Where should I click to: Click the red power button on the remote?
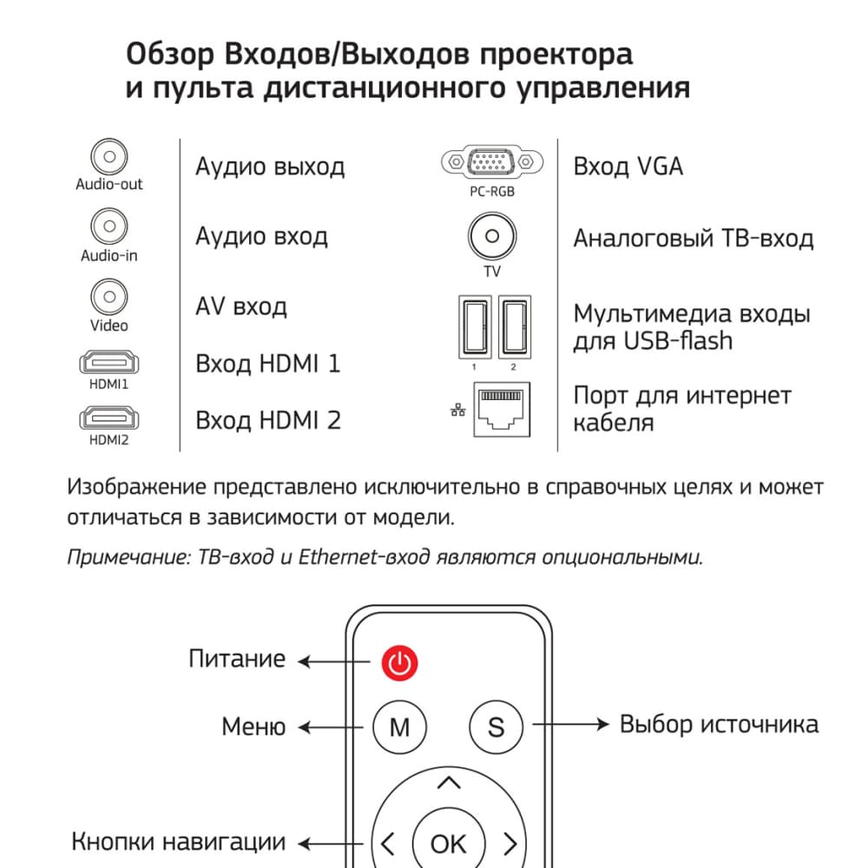pos(398,665)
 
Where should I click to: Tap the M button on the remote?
pos(399,727)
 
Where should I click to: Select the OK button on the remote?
pos(448,843)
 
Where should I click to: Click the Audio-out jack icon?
pos(109,157)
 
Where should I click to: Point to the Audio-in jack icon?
pos(109,228)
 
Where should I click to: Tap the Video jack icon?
pos(109,298)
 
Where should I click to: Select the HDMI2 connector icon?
pos(109,419)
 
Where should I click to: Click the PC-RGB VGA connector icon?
pos(491,162)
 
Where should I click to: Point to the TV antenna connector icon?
pos(492,236)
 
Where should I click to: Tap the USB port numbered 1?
pos(474,325)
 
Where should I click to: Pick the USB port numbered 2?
pos(514,325)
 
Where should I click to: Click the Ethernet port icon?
pos(500,410)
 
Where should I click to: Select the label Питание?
pos(237,659)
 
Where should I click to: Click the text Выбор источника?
pos(719,724)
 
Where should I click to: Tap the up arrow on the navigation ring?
pos(449,785)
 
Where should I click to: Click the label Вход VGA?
pos(628,166)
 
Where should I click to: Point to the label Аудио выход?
pos(270,166)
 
